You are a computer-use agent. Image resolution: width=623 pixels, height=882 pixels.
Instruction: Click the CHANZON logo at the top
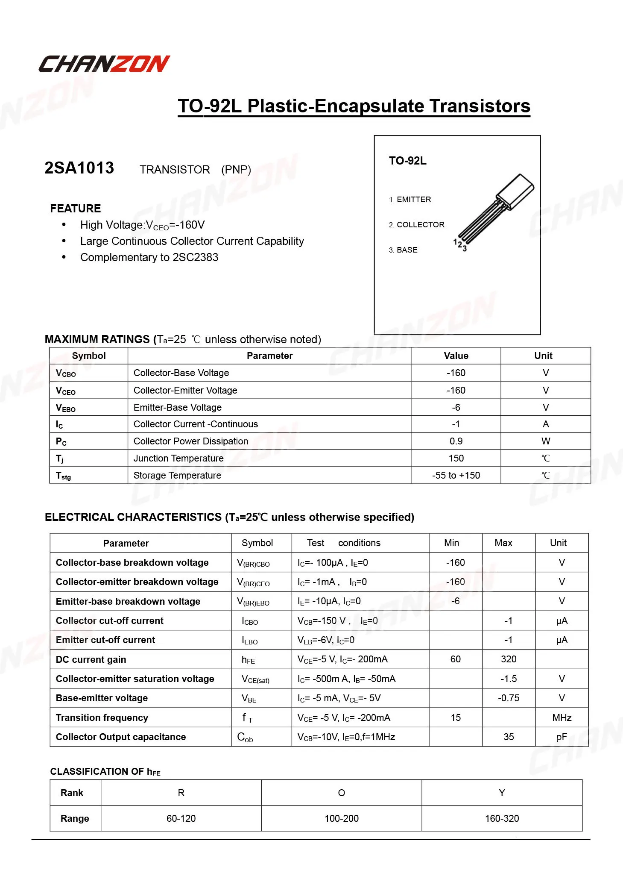(104, 64)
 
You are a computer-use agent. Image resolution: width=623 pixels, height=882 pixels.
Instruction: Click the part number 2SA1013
(79, 168)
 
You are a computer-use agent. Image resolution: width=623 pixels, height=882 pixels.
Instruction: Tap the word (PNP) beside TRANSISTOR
(236, 170)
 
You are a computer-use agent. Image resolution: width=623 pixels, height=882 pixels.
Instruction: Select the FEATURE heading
(76, 209)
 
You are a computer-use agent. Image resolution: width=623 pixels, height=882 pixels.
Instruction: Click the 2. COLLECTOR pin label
(417, 225)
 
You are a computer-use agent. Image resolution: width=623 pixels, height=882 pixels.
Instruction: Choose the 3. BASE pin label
(404, 250)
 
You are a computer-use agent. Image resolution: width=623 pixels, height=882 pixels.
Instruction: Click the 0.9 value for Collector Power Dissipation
(456, 441)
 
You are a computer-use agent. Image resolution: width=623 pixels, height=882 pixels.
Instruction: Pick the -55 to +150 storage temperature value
(456, 476)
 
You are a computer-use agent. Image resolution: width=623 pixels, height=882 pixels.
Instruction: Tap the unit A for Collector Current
(546, 424)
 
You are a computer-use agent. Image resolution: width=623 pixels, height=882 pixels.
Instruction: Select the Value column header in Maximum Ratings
(456, 356)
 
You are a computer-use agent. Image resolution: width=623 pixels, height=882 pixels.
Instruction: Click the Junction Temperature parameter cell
(178, 459)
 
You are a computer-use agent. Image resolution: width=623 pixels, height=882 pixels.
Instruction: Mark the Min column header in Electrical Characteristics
(451, 543)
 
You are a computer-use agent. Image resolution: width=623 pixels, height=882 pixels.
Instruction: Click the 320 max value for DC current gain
(509, 659)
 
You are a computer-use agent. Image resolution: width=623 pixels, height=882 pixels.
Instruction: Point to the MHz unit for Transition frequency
(562, 718)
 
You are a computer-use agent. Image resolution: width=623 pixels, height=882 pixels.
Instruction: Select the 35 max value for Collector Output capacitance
(509, 737)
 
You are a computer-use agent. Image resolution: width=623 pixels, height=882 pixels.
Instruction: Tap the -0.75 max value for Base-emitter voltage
(509, 698)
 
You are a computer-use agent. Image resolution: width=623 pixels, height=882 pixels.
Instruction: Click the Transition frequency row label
(102, 718)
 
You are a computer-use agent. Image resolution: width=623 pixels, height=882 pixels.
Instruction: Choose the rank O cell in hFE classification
(342, 793)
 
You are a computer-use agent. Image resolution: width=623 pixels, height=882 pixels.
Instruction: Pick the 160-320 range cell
(502, 819)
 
